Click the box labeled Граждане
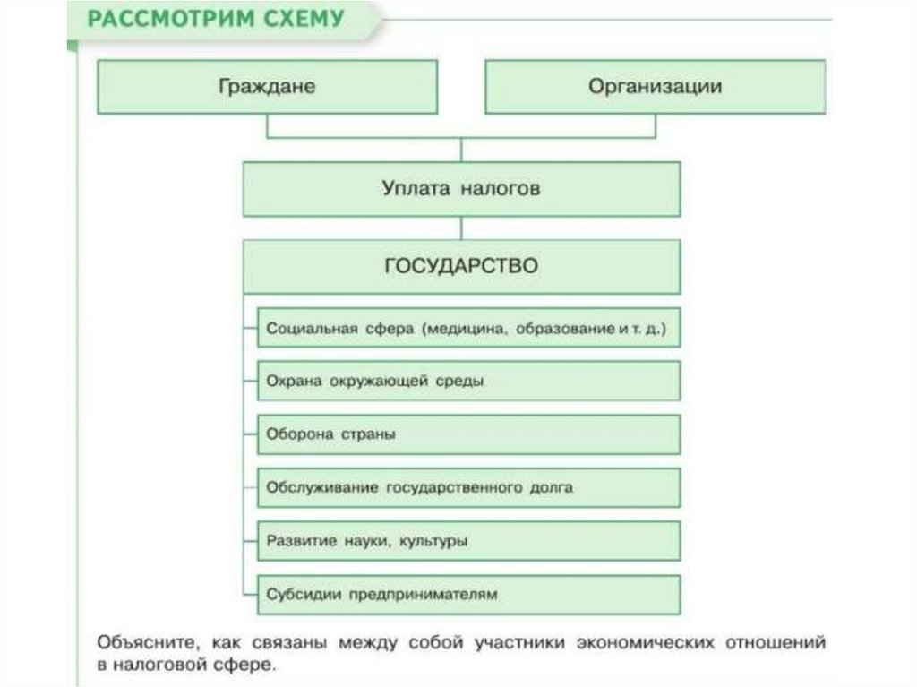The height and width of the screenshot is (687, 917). click(267, 87)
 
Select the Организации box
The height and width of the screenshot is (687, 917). click(655, 87)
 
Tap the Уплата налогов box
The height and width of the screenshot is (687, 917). click(461, 189)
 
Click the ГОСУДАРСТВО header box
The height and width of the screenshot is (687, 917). click(461, 266)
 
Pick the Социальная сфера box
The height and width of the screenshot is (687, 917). click(468, 329)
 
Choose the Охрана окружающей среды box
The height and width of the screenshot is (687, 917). click(468, 382)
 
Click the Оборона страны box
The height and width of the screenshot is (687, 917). click(468, 434)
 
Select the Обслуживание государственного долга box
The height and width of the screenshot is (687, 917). click(468, 488)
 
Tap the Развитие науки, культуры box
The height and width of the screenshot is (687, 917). click(468, 541)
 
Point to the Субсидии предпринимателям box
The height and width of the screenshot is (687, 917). click(468, 594)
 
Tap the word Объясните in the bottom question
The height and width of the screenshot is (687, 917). click(143, 644)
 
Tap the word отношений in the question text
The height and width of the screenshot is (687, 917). click(776, 644)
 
